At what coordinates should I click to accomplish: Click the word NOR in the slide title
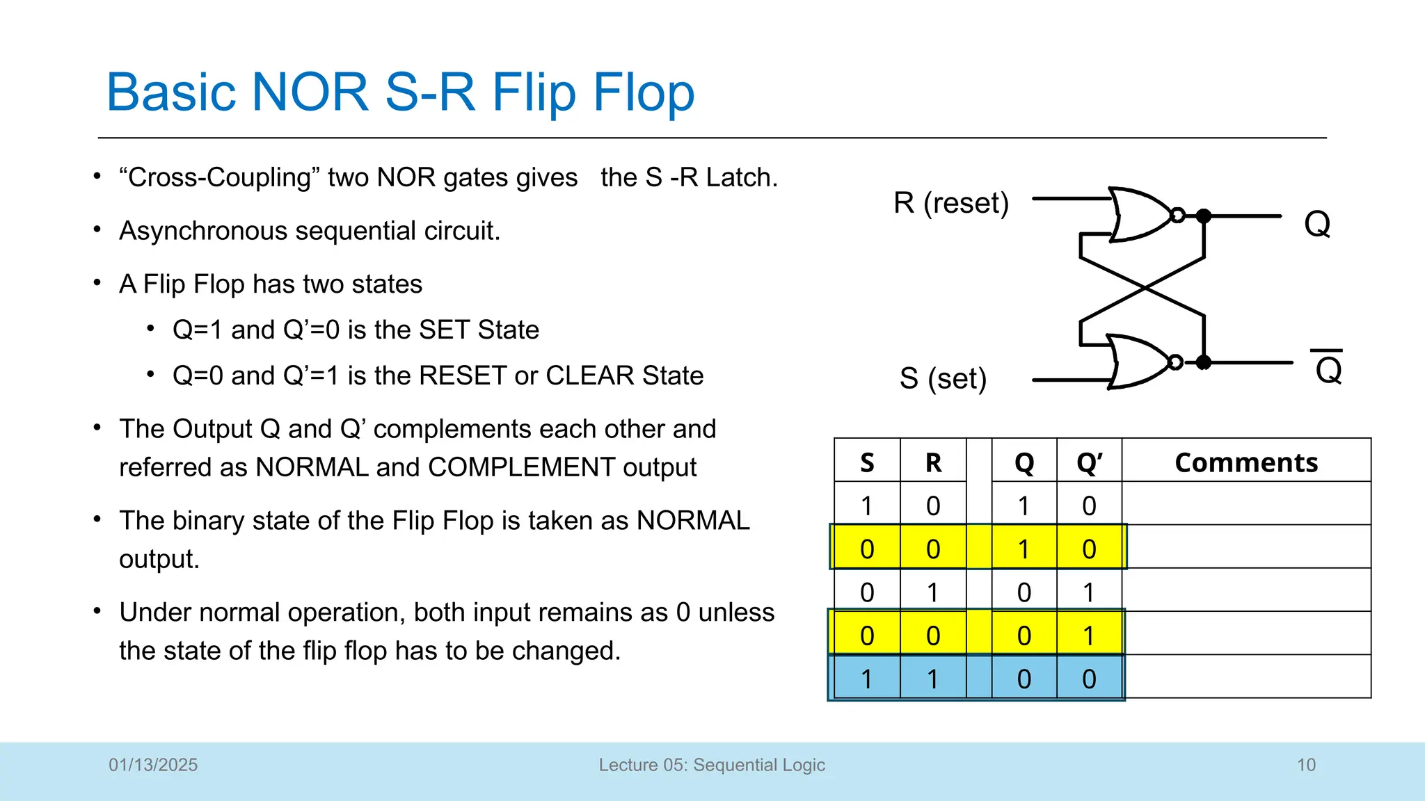click(x=310, y=92)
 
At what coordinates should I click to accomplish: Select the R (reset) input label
click(x=950, y=203)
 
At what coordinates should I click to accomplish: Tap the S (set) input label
click(x=943, y=379)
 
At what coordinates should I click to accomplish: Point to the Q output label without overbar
click(x=1316, y=224)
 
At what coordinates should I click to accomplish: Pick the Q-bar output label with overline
click(x=1328, y=369)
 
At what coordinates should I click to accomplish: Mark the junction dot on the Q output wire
click(x=1204, y=216)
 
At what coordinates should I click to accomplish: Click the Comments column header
click(x=1245, y=462)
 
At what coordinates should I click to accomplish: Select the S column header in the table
click(x=867, y=462)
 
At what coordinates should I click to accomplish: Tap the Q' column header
click(x=1089, y=462)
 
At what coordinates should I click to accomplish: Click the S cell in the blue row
click(x=867, y=679)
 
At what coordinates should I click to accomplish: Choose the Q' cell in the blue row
click(x=1089, y=679)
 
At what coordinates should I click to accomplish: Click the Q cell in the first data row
click(x=1024, y=505)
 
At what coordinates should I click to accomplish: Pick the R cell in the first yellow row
click(x=933, y=549)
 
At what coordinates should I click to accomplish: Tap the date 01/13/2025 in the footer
click(x=153, y=765)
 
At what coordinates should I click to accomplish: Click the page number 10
click(x=1306, y=765)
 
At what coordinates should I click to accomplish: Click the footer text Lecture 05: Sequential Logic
click(x=712, y=765)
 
